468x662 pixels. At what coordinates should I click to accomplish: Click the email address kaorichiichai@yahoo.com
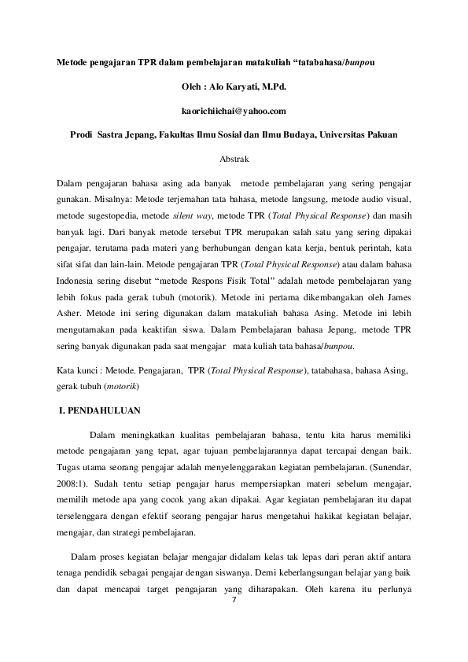click(x=234, y=110)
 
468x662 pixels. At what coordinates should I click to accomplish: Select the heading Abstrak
click(x=234, y=158)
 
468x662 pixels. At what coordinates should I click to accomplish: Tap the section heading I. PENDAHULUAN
click(x=101, y=410)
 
